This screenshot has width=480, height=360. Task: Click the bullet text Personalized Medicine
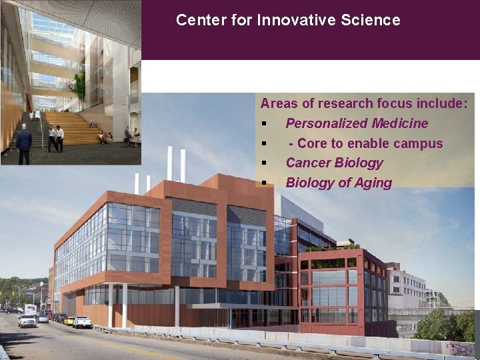(357, 123)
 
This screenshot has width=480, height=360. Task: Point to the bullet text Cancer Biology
(334, 163)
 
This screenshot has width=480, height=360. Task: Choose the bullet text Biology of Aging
(339, 183)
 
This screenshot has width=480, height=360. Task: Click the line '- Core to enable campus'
(365, 143)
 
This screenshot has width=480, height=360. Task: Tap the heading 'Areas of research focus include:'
(364, 103)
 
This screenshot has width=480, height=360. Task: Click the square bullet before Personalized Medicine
(265, 124)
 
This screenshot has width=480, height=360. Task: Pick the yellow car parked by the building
(69, 321)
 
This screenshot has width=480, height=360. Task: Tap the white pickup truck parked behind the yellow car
(83, 322)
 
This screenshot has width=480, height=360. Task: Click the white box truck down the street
(30, 309)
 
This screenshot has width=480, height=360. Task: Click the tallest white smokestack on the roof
(170, 163)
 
